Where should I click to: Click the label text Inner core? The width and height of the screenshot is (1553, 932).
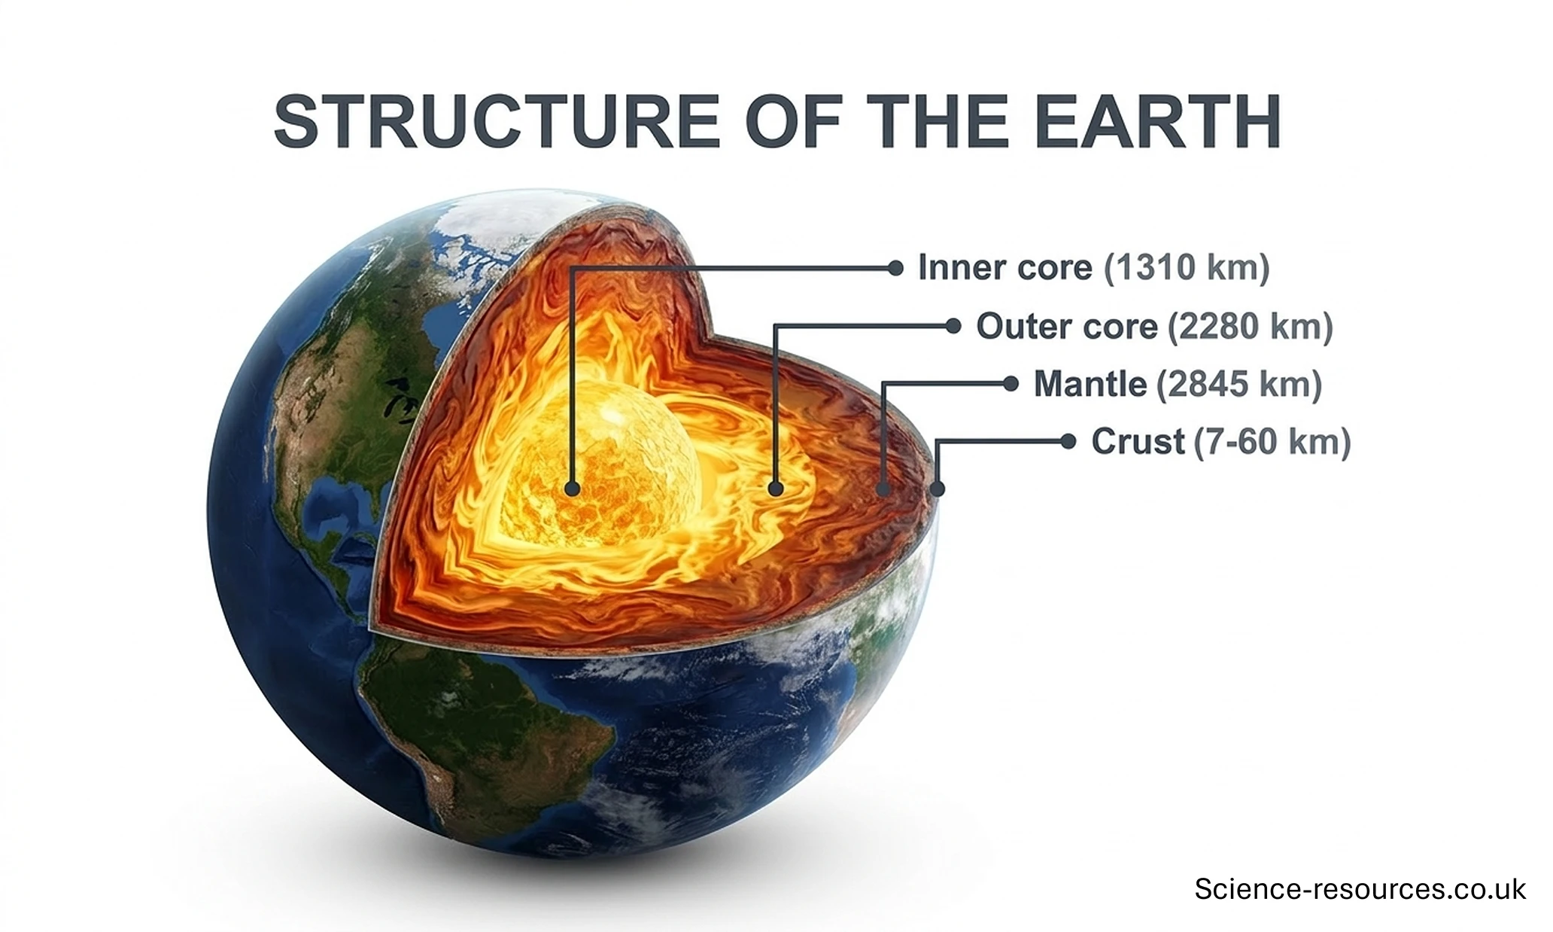[1004, 268]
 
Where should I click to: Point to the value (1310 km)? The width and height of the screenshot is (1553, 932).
[1187, 268]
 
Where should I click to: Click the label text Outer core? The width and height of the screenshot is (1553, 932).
[1066, 326]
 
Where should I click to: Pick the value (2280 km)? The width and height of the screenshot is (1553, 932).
[1250, 326]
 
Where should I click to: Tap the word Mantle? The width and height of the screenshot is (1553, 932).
[1090, 384]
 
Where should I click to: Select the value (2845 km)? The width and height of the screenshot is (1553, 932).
[1238, 384]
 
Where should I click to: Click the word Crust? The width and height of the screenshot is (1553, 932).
[1138, 442]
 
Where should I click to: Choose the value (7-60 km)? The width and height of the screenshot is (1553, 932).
[1272, 442]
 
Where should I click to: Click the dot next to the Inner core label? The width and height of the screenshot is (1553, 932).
[895, 268]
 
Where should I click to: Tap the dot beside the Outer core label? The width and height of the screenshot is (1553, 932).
[953, 326]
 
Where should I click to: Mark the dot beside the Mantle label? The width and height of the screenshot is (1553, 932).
[1011, 384]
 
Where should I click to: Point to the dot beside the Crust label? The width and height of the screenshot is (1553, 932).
[1068, 442]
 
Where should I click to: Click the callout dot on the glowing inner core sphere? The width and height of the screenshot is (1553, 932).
[572, 489]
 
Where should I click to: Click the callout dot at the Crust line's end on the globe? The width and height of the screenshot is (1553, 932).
[937, 489]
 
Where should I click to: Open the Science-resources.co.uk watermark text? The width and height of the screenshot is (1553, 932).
[1360, 889]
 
